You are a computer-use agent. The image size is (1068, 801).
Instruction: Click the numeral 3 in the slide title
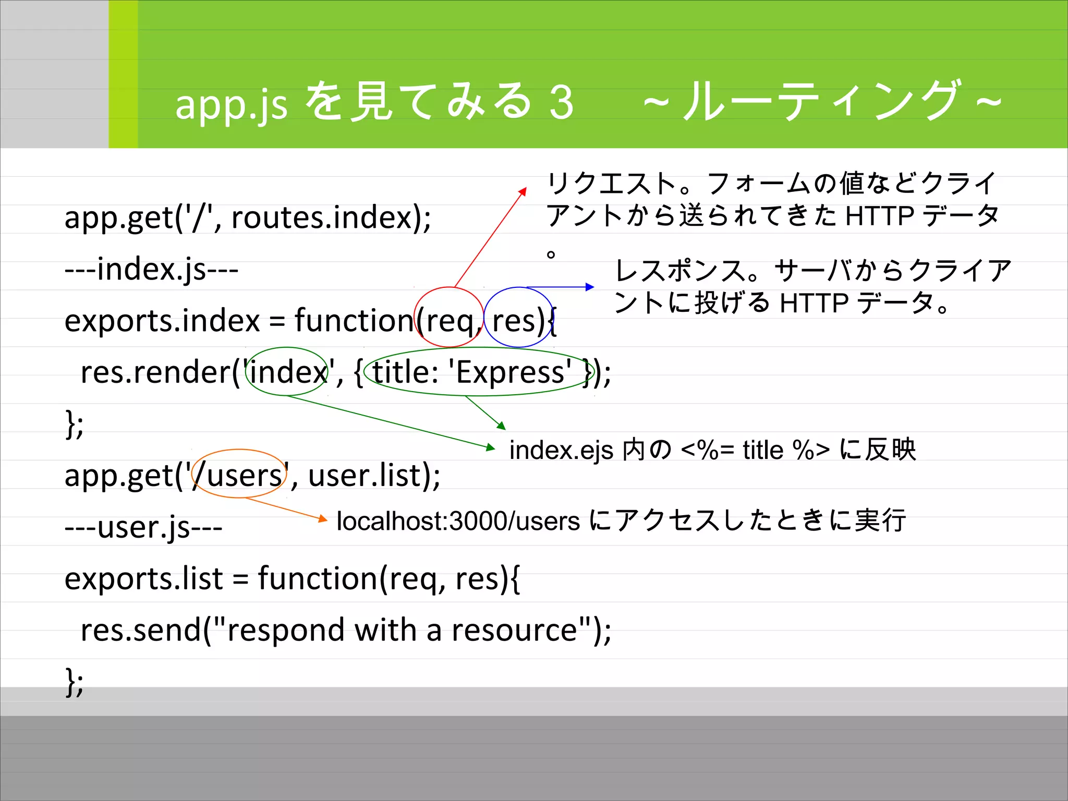[561, 103]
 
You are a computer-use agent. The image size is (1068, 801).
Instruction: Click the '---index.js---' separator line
[151, 270]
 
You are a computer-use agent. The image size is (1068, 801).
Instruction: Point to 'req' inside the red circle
[450, 320]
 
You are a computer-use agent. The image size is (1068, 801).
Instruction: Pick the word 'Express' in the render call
[511, 372]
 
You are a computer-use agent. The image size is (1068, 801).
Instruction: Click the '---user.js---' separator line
[143, 527]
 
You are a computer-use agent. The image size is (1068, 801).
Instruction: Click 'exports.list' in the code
[144, 579]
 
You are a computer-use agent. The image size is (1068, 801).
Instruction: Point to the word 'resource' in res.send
[514, 630]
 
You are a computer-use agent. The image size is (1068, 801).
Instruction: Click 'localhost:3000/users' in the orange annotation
[458, 521]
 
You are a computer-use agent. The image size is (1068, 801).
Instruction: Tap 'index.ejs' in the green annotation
[561, 450]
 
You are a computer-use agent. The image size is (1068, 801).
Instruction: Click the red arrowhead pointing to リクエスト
[523, 191]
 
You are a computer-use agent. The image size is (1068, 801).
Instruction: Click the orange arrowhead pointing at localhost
[323, 518]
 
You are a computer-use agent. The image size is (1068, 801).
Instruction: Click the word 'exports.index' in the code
[162, 320]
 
